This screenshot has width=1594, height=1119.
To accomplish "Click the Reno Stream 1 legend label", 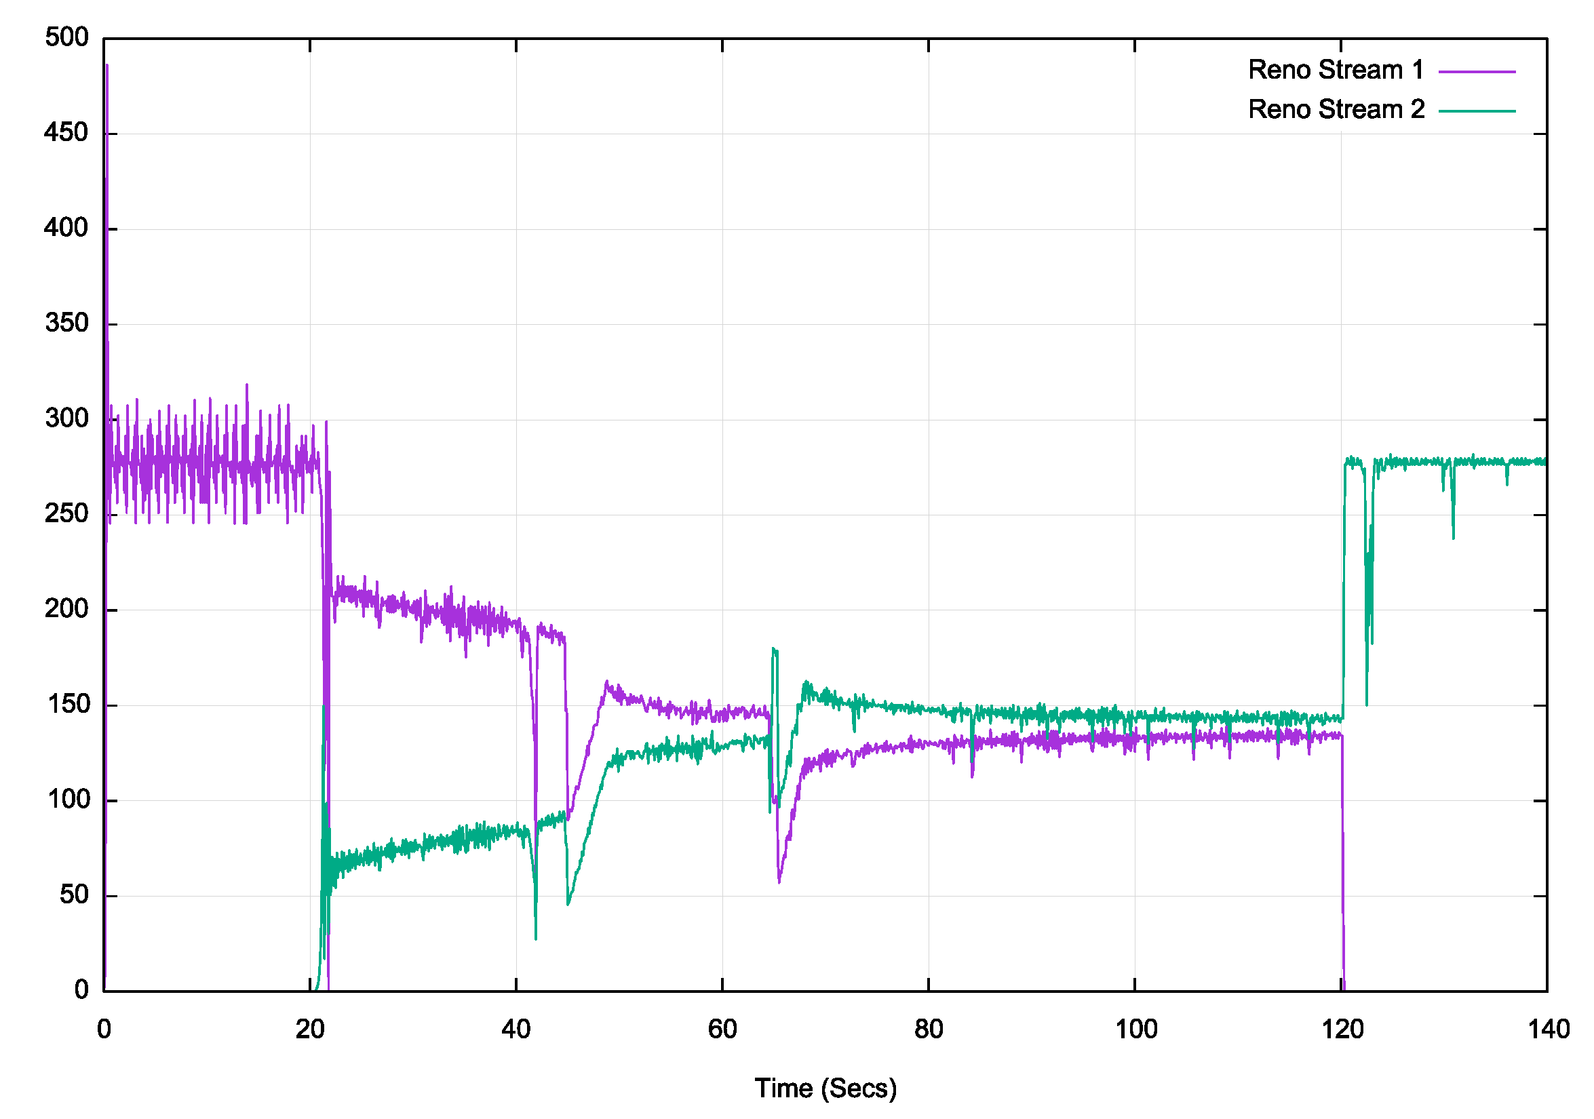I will pyautogui.click(x=1335, y=70).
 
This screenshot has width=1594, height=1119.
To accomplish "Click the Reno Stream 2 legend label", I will pyautogui.click(x=1335, y=110).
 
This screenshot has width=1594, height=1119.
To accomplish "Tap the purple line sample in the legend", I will pyautogui.click(x=1476, y=71).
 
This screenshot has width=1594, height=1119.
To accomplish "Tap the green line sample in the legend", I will pyautogui.click(x=1476, y=111).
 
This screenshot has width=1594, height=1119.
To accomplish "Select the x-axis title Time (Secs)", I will pyautogui.click(x=825, y=1088).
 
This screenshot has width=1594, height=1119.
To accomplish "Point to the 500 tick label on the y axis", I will pyautogui.click(x=66, y=37).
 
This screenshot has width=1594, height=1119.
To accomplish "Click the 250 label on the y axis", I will pyautogui.click(x=66, y=514).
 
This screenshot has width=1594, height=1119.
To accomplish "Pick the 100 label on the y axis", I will pyautogui.click(x=68, y=800).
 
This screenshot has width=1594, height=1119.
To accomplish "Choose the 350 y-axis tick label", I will pyautogui.click(x=66, y=323).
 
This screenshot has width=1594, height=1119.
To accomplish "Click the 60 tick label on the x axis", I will pyautogui.click(x=722, y=1029).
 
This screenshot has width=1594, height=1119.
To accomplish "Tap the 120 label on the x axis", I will pyautogui.click(x=1342, y=1029).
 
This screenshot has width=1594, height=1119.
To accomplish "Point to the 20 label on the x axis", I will pyautogui.click(x=309, y=1029).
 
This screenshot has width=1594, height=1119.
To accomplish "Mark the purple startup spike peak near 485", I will pyautogui.click(x=107, y=65).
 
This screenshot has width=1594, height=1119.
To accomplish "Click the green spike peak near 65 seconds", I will pyautogui.click(x=773, y=648).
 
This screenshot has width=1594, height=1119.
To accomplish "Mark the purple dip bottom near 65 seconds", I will pyautogui.click(x=779, y=882).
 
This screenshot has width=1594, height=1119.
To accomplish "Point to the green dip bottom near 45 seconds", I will pyautogui.click(x=568, y=905).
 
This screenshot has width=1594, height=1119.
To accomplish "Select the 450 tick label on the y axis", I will pyautogui.click(x=66, y=133).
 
